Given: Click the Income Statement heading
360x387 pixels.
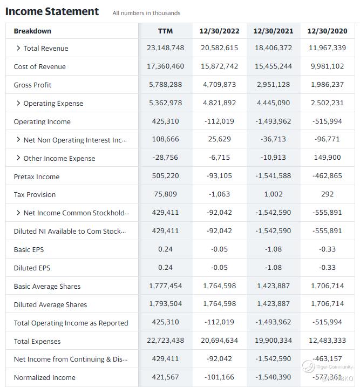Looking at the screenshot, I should (x=52, y=11).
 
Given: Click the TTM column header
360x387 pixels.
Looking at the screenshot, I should (x=165, y=31).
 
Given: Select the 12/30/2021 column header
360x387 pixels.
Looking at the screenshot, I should (x=273, y=31).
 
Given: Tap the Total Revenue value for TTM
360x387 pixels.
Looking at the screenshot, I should (x=165, y=48).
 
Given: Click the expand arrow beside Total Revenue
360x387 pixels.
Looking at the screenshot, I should (x=18, y=48).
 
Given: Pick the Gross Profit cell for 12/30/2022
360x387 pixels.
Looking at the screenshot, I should (x=219, y=85).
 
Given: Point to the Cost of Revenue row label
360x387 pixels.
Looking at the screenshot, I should (x=40, y=66).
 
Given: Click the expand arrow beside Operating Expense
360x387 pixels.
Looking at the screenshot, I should (x=18, y=103).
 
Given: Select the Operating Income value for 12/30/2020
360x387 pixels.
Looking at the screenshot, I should (x=327, y=121).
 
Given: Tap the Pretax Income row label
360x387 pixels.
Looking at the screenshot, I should (x=37, y=176).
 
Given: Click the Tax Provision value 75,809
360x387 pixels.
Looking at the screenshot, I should (x=165, y=194).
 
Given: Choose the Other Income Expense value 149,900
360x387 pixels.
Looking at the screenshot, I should (x=327, y=158).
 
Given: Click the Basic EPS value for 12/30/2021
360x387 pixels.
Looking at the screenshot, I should (x=273, y=249).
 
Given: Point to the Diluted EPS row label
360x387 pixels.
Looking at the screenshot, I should (x=32, y=268).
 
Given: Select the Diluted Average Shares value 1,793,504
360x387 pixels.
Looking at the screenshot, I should (x=165, y=304).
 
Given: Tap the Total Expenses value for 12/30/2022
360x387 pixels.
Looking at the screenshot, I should (x=219, y=341).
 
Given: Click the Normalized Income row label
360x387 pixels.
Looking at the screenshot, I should (x=45, y=377).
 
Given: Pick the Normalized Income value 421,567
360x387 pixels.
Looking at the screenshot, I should (x=165, y=377).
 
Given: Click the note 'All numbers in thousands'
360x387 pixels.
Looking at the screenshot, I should (x=146, y=13).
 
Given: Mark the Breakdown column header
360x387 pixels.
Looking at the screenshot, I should (x=32, y=31).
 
